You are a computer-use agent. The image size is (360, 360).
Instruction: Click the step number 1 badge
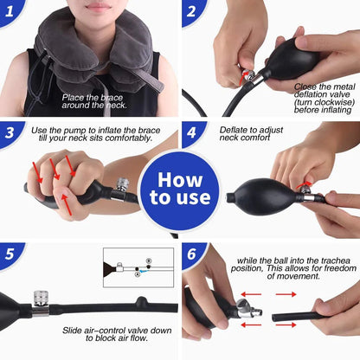10,11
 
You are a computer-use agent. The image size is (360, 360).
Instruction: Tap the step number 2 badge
192,11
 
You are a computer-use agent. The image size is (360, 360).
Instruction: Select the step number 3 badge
10,133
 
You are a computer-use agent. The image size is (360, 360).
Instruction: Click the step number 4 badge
192,132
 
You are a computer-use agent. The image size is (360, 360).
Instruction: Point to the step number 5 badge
10,254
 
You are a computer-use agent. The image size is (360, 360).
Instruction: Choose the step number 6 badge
192,254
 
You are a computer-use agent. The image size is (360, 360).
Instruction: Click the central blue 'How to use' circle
180,190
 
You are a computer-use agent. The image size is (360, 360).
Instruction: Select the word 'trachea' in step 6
336,260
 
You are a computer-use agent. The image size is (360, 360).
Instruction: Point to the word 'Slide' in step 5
72,331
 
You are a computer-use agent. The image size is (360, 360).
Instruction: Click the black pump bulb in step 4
261,197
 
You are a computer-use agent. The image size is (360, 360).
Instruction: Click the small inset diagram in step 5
138,267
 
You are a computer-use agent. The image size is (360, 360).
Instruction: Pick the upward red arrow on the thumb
67,204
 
